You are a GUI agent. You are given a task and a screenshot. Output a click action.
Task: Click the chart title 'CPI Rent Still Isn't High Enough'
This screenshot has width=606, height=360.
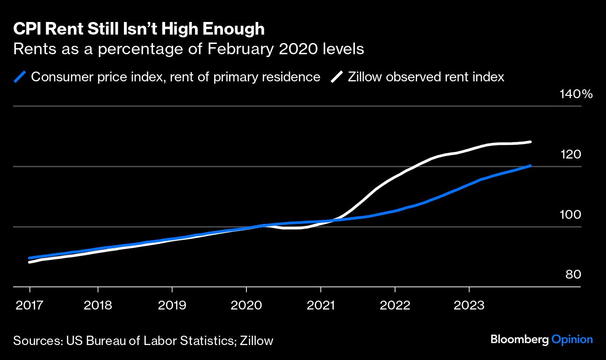[139, 29]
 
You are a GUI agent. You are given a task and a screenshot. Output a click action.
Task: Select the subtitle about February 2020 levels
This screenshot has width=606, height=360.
[188, 49]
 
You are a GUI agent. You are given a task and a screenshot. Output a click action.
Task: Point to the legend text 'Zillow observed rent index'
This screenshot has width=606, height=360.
[426, 77]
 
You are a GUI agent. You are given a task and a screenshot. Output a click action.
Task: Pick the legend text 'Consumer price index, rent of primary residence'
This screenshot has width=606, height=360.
[175, 77]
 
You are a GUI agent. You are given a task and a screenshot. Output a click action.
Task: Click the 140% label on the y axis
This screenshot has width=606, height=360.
[576, 94]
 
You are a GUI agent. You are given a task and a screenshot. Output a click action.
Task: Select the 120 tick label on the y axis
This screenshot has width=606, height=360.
[570, 154]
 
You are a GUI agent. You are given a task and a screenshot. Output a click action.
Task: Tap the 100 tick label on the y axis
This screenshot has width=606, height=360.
[570, 215]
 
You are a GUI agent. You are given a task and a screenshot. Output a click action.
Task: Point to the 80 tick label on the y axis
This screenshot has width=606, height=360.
[573, 274]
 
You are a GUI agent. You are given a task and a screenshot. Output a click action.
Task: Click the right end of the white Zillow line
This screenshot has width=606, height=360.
[530, 142]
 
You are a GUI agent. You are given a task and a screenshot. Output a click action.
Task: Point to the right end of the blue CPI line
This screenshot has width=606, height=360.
[530, 166]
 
